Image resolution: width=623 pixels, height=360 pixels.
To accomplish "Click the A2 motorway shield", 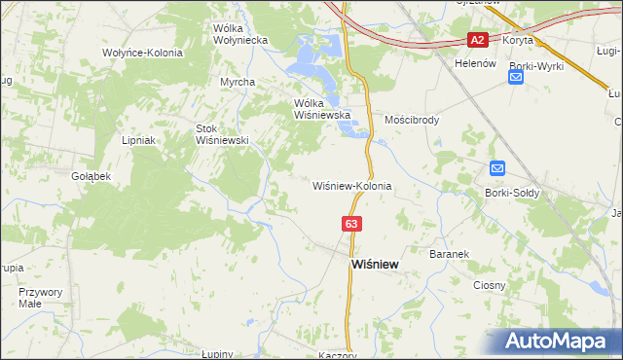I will [x=477, y=40].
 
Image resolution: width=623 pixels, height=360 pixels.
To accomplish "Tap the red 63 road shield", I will [x=352, y=224].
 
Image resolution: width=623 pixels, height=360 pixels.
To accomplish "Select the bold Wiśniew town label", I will [x=373, y=265].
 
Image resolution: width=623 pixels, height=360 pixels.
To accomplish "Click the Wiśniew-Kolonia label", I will [x=351, y=185].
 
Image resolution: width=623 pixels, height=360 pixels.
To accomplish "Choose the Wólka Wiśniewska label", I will [x=321, y=108].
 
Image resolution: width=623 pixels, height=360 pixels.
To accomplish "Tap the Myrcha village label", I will [x=237, y=82].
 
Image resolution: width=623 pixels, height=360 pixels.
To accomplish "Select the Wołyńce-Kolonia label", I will [x=142, y=52].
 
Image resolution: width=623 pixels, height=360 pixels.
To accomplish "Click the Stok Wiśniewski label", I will [x=223, y=133].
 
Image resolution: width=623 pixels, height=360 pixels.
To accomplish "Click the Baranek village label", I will [x=449, y=254].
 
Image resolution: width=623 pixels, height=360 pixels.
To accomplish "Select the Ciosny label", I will [x=489, y=285].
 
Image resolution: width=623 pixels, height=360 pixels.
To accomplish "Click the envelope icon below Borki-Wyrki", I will [x=516, y=77].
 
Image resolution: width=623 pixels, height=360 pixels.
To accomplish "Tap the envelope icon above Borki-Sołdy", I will [x=497, y=168].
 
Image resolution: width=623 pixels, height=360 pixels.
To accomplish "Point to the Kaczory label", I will [x=337, y=355].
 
